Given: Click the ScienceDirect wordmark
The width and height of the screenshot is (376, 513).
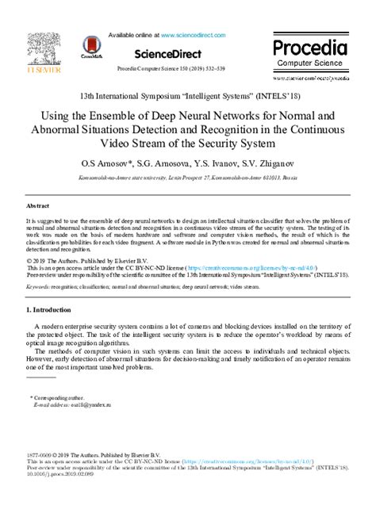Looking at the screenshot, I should pos(189,55).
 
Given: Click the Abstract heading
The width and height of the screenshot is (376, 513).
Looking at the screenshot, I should pos(39,204).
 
